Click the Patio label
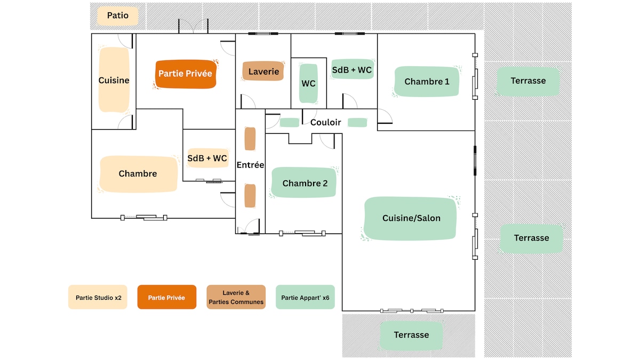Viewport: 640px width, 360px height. click(x=118, y=15)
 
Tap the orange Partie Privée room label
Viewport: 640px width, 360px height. click(x=186, y=74)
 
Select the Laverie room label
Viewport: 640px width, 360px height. click(x=263, y=71)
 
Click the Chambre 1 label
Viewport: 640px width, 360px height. click(x=427, y=82)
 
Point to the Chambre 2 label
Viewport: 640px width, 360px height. click(x=304, y=182)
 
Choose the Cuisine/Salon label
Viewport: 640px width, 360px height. click(x=411, y=218)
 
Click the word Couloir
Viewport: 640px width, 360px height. click(x=325, y=123)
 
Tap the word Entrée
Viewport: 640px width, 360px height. click(x=250, y=165)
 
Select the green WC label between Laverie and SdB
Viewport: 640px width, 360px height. click(x=308, y=83)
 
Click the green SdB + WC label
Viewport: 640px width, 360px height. click(x=353, y=69)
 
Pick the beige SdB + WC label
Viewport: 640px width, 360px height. click(x=207, y=158)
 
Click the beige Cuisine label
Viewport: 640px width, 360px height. click(x=114, y=80)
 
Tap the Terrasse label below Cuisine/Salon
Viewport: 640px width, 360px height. click(x=411, y=335)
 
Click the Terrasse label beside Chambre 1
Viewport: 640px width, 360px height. click(x=528, y=81)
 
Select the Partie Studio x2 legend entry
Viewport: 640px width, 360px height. click(x=98, y=297)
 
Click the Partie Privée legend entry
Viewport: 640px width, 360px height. click(x=167, y=297)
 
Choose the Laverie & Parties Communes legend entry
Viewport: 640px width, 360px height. click(x=236, y=297)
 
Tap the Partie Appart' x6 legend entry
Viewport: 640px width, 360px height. click(x=305, y=297)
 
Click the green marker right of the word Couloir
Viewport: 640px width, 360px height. click(x=357, y=123)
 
